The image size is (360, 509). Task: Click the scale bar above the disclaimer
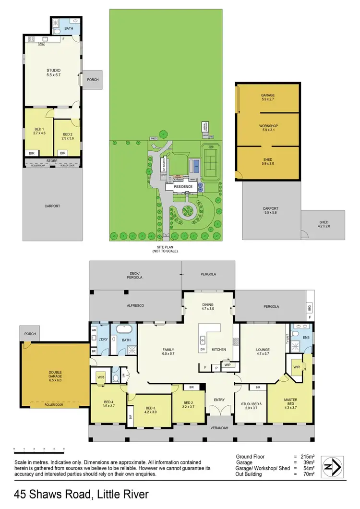tap(39, 448)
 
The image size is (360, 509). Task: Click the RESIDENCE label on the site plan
tap(183, 187)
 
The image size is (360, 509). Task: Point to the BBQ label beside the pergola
tap(309, 307)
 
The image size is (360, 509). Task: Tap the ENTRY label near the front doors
tap(219, 400)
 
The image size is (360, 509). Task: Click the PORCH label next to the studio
tap(93, 80)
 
